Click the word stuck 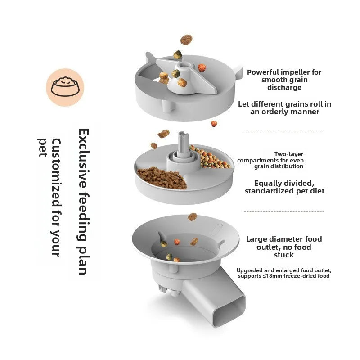tap(284, 255)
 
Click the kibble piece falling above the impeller tap(186, 40)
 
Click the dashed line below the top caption tap(283, 130)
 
